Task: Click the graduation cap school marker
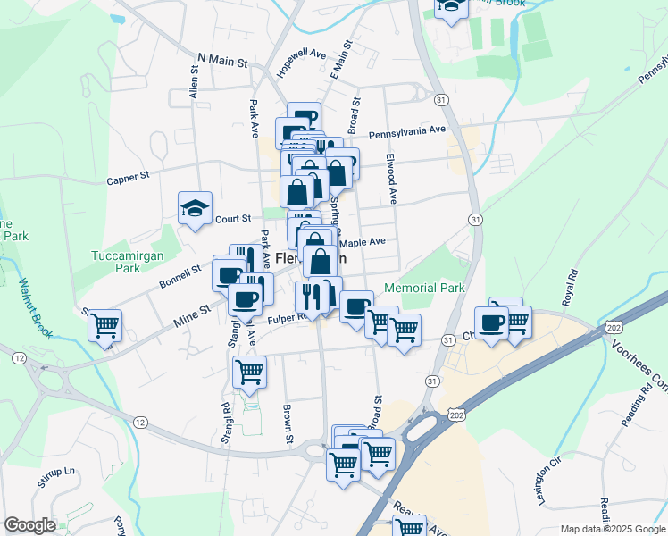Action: click(x=195, y=209)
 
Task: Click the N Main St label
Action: click(x=221, y=59)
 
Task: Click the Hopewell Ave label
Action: click(x=301, y=65)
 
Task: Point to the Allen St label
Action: click(x=193, y=82)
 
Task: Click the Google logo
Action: click(x=29, y=525)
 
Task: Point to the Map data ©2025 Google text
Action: click(x=612, y=529)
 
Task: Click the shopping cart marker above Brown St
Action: click(x=249, y=371)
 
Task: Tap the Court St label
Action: click(x=232, y=218)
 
